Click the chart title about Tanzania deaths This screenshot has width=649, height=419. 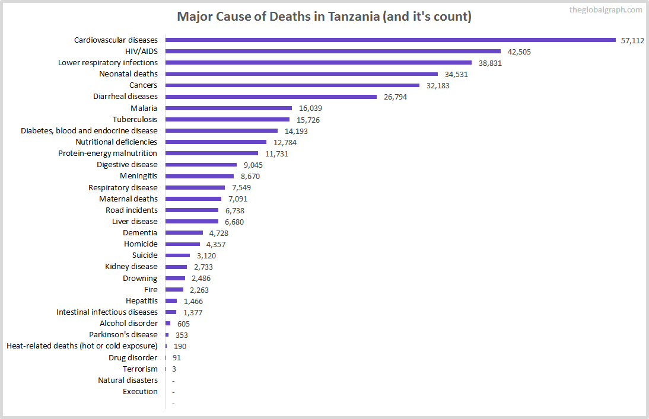[324, 17]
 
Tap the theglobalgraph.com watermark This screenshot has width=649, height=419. [605, 9]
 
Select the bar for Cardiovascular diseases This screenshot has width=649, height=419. [390, 40]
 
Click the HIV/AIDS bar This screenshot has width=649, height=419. [333, 52]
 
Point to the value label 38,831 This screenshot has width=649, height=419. [490, 63]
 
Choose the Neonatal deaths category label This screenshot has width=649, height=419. [128, 74]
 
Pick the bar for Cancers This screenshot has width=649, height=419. [292, 85]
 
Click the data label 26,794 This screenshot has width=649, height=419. [395, 97]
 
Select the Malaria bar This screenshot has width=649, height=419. [228, 108]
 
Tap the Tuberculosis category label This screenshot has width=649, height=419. [135, 120]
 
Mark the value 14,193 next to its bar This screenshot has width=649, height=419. [296, 131]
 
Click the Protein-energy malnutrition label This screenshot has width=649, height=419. [107, 153]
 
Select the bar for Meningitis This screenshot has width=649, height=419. [199, 176]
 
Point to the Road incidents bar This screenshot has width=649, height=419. [192, 210]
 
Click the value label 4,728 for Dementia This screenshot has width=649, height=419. [218, 233]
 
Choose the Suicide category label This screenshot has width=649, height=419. [145, 255]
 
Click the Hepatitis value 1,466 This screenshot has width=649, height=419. [193, 301]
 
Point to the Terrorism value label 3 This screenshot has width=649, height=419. [174, 369]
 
